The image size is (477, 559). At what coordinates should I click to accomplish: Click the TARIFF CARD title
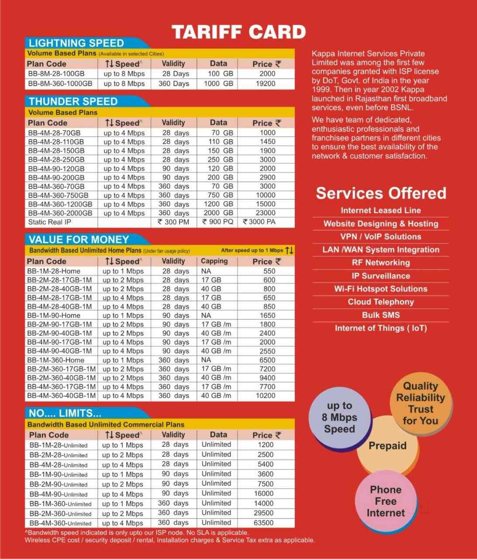(238, 32)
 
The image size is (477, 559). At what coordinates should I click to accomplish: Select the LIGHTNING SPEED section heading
(76, 43)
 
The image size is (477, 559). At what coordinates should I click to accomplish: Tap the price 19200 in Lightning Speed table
(265, 83)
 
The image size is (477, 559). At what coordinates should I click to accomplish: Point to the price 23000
(265, 213)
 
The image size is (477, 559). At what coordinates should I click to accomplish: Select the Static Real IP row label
(49, 222)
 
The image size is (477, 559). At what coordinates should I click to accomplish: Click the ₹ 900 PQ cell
(218, 222)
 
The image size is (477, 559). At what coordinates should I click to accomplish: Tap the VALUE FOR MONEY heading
(79, 239)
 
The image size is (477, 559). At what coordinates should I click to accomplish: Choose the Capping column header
(214, 261)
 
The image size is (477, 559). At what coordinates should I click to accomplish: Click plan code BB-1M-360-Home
(55, 360)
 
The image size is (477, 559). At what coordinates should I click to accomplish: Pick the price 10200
(265, 396)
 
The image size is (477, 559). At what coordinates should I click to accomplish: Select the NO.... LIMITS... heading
(65, 413)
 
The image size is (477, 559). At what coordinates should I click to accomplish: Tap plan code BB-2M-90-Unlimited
(59, 484)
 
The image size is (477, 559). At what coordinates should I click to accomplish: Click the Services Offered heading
(381, 193)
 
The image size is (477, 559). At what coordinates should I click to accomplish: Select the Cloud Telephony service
(381, 302)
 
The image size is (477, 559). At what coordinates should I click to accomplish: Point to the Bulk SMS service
(381, 315)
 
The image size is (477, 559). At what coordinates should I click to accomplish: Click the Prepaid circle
(387, 446)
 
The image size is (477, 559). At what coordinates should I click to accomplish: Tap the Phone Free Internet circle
(386, 501)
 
